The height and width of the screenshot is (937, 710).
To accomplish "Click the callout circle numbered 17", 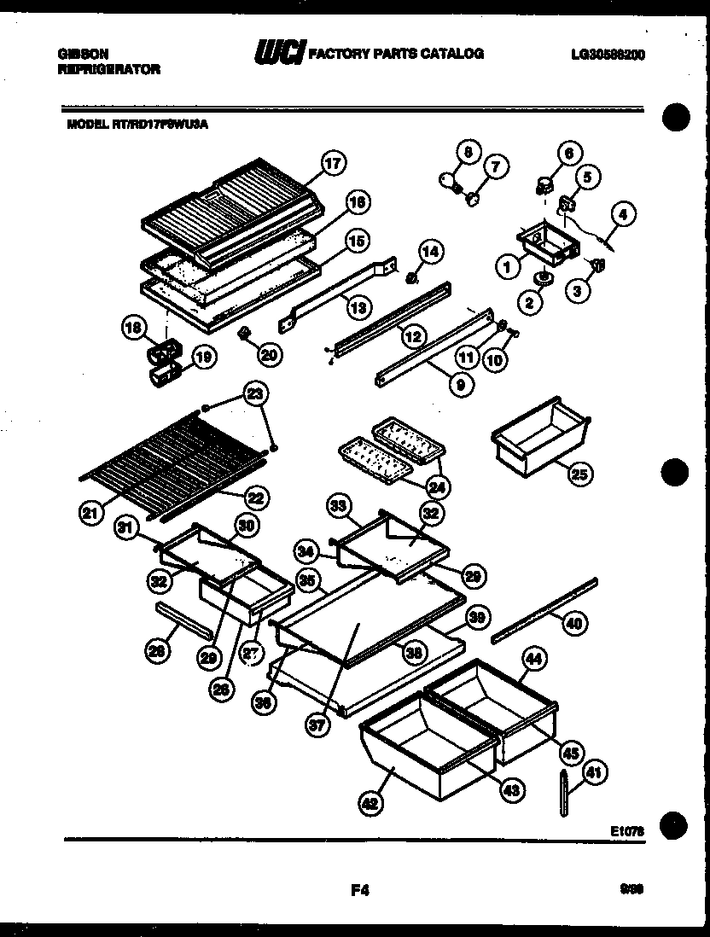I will tap(334, 162).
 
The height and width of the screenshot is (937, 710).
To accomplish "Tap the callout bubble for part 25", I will tap(579, 474).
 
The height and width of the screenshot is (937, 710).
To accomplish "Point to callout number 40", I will tap(574, 623).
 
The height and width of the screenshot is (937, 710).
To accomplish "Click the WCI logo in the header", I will tap(279, 54).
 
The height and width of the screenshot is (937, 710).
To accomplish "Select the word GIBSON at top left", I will tap(83, 53).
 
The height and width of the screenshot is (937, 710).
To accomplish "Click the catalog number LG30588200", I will tap(608, 54).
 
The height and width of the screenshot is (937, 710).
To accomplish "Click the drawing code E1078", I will tap(627, 829).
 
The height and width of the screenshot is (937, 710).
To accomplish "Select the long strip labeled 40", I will tap(544, 608).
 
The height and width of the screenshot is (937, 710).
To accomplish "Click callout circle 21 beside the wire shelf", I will tap(89, 512).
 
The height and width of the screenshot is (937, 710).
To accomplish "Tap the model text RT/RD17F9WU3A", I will tap(160, 123).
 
